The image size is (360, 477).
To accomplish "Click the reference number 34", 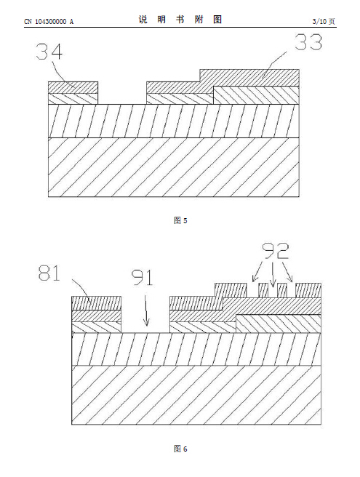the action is click(49, 52).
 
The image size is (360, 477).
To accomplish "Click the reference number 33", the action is click(308, 42).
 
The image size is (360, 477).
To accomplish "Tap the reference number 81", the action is click(49, 273).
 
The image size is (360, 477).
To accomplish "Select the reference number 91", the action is click(142, 278).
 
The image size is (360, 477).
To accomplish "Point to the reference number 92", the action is click(276, 250).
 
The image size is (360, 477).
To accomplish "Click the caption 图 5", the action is click(180, 220).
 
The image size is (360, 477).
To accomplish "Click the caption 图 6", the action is click(180, 449).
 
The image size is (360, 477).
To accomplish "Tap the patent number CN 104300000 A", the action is click(49, 22).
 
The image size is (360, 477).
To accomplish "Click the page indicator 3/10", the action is click(319, 21).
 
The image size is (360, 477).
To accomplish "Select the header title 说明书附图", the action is click(180, 20).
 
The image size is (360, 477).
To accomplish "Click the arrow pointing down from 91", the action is click(146, 310).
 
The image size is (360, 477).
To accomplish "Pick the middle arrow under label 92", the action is click(273, 274).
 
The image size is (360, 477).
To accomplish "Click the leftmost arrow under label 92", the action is click(257, 271).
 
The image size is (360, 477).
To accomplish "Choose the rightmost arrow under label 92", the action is click(287, 272).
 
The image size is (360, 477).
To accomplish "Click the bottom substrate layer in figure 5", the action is click(174, 167).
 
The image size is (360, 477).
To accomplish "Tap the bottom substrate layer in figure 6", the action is click(196, 395).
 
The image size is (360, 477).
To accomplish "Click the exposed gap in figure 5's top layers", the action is click(122, 93).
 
